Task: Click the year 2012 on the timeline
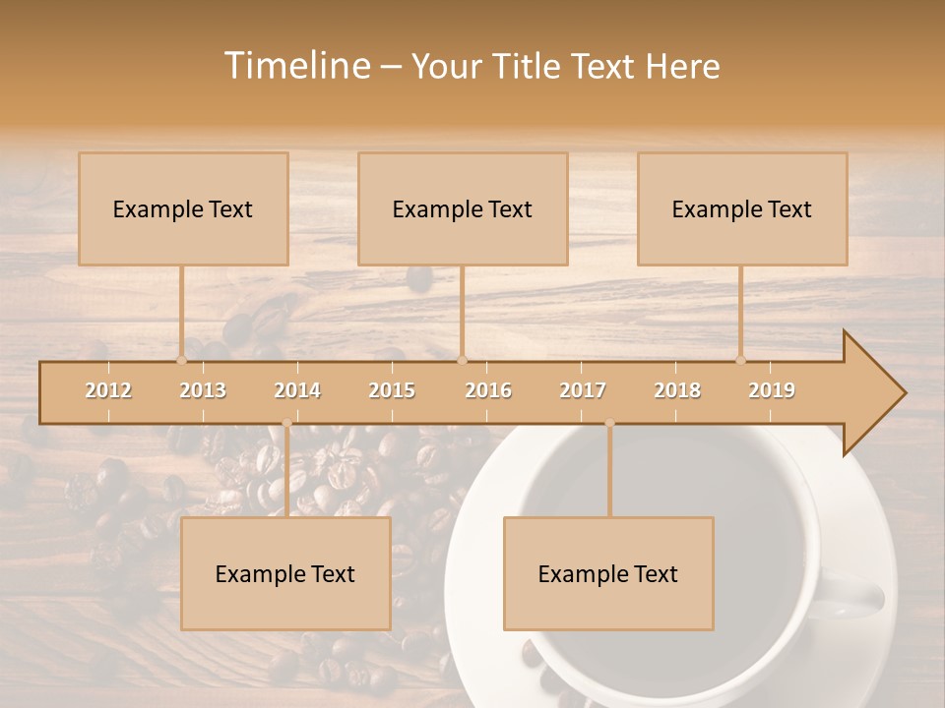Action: pyautogui.click(x=108, y=390)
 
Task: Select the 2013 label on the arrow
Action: pyautogui.click(x=203, y=390)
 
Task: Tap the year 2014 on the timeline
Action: pyautogui.click(x=297, y=390)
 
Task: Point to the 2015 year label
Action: pyautogui.click(x=392, y=390)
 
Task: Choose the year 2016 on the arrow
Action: pyautogui.click(x=488, y=390)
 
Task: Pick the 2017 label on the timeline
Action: pyautogui.click(x=583, y=390)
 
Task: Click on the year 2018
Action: pyautogui.click(x=677, y=390)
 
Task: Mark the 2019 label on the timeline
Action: pyautogui.click(x=772, y=390)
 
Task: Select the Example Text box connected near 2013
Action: pyautogui.click(x=183, y=209)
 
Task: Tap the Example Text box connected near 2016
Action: pyautogui.click(x=463, y=209)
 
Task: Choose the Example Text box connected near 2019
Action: pyautogui.click(x=742, y=209)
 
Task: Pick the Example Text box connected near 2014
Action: pyautogui.click(x=285, y=574)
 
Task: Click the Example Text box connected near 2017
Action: pyautogui.click(x=608, y=574)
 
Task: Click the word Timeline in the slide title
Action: pyautogui.click(x=296, y=66)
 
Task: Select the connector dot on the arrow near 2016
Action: pyautogui.click(x=462, y=360)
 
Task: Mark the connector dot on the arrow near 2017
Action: pyautogui.click(x=609, y=423)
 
